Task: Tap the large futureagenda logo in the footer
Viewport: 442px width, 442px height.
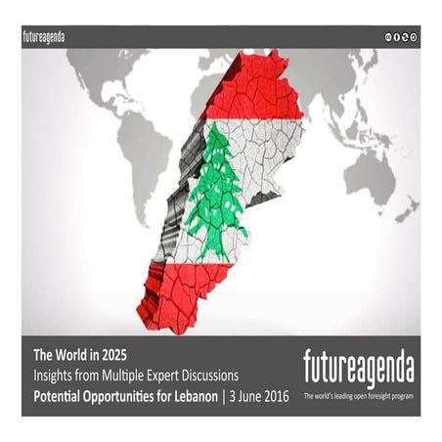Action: coord(358,370)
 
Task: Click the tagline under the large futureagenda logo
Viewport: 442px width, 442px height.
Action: coord(358,396)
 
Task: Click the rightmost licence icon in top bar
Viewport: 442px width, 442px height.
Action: coord(414,36)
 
